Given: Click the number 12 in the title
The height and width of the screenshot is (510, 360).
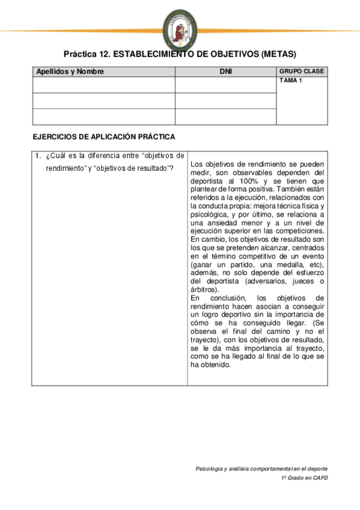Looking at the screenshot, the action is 102,54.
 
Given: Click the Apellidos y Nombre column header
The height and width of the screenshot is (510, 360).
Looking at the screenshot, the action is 70,72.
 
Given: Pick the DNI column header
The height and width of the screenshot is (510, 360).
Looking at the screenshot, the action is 226,72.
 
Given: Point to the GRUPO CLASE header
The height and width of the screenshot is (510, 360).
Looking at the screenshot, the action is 302,72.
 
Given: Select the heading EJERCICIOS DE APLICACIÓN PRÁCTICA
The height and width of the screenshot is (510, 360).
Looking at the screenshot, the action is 103,137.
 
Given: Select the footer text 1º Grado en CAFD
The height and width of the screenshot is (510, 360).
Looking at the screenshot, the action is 304,478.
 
